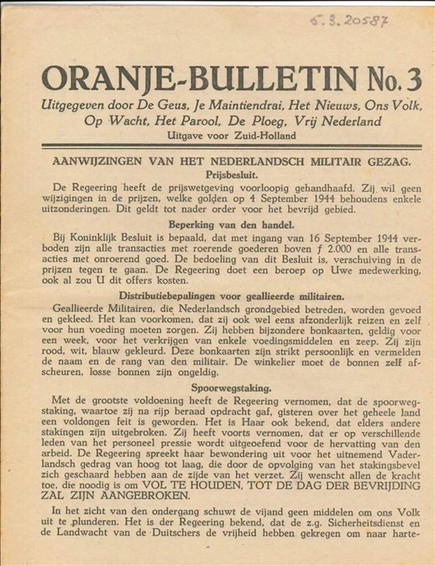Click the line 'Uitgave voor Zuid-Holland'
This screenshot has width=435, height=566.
[232, 136]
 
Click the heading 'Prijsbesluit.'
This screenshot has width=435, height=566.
[232, 175]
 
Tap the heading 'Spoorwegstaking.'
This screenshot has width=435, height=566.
[231, 388]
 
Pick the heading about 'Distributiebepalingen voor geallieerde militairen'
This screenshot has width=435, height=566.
[231, 295]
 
